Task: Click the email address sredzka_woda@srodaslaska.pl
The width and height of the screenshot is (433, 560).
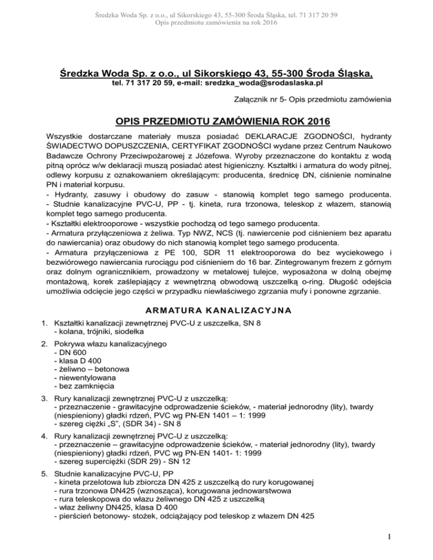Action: [266, 83]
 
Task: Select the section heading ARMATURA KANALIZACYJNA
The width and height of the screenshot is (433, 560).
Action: [216, 309]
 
